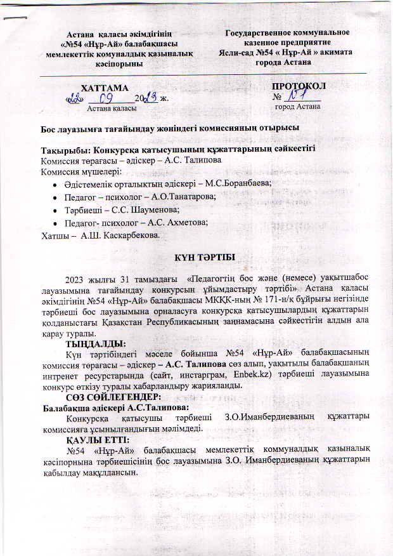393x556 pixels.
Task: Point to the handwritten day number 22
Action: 77,98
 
